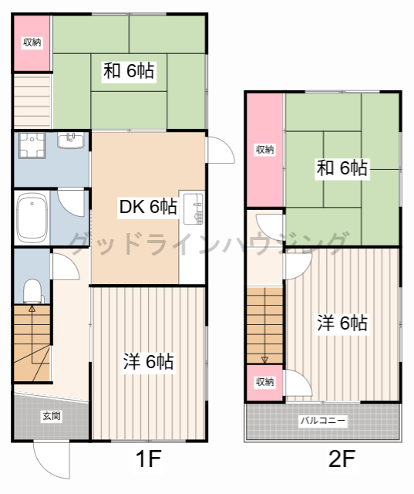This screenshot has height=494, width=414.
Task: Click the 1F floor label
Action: point(149,458)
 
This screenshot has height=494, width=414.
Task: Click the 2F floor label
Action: point(342,458)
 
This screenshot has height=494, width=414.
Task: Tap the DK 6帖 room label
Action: point(148,207)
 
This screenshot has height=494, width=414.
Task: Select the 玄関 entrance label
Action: point(52,416)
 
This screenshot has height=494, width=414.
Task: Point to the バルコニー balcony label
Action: point(323,421)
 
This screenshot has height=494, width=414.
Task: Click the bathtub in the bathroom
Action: point(32,217)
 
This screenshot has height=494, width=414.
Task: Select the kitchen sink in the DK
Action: point(194,209)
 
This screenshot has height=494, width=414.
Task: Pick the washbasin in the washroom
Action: point(71,140)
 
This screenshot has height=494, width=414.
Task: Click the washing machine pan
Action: point(32,145)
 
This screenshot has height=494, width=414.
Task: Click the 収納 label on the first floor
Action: point(32,42)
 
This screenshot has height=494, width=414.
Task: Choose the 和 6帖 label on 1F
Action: point(129,71)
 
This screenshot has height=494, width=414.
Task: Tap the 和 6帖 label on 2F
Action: point(342,168)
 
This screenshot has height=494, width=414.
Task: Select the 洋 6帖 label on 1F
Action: point(148,361)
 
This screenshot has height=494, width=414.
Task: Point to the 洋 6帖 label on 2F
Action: point(342,323)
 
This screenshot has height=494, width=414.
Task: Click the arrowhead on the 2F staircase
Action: point(264,360)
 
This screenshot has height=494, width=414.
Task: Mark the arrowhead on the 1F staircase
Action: point(32,308)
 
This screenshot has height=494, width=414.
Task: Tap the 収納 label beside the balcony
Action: point(264,382)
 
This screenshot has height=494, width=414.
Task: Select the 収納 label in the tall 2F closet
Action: point(265,149)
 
